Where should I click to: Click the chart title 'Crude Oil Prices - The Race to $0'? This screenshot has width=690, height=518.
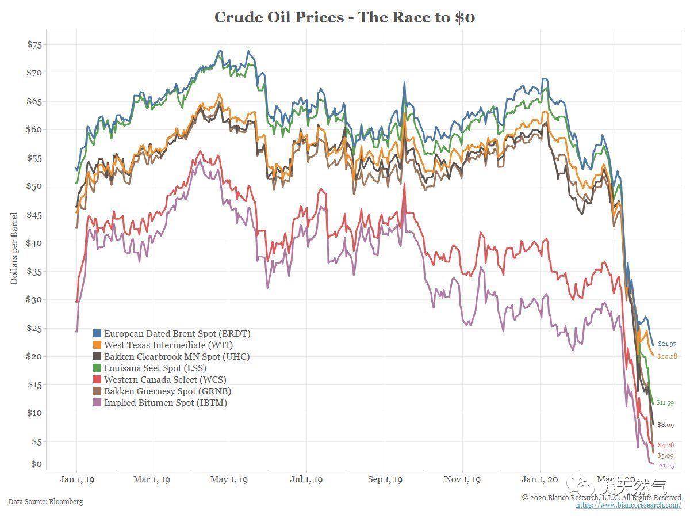pos(344,17)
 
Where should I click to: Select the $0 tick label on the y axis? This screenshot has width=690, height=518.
pos(36,464)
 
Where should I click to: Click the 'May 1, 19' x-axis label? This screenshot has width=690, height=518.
pos(229,479)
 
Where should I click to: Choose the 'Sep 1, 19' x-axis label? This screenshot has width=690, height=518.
pos(385,479)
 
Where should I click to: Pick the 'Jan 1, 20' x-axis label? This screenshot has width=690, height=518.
pos(540,479)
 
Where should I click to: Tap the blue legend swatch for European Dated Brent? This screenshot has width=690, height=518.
pos(97,334)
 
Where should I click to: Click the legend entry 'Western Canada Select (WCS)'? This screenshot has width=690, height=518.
pos(165,380)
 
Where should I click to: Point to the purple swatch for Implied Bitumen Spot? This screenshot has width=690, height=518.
pos(97,403)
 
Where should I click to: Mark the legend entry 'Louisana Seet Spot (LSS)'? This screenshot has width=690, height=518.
pos(155,368)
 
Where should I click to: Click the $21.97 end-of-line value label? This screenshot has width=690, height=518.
pos(667,344)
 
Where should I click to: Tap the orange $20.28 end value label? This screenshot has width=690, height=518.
pos(667,356)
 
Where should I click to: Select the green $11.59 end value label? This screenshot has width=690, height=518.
pos(666,403)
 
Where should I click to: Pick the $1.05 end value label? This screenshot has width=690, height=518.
pos(666,465)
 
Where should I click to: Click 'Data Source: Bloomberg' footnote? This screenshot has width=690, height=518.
pos(45,502)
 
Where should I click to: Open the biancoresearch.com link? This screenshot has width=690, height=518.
pos(628,505)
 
